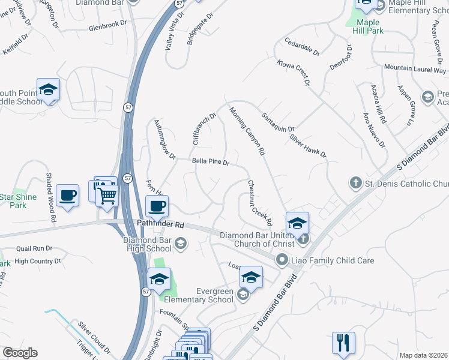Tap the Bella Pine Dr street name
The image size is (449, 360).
coord(211,162)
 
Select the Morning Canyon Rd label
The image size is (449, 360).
coord(247,131)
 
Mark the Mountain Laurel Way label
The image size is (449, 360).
coord(415,69)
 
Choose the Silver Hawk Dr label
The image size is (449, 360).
coord(308,146)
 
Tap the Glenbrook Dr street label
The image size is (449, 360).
coord(109,28)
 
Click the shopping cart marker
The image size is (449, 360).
coord(107,196)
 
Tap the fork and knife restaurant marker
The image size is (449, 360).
coord(343,343)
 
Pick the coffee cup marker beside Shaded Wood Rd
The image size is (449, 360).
coord(67,196)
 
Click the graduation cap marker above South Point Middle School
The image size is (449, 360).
coord(48,90)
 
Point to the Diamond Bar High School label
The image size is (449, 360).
coord(148,244)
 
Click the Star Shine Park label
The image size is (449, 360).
coord(18,200)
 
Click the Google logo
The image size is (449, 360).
coord(20,353)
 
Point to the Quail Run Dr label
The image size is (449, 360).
coord(34,248)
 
